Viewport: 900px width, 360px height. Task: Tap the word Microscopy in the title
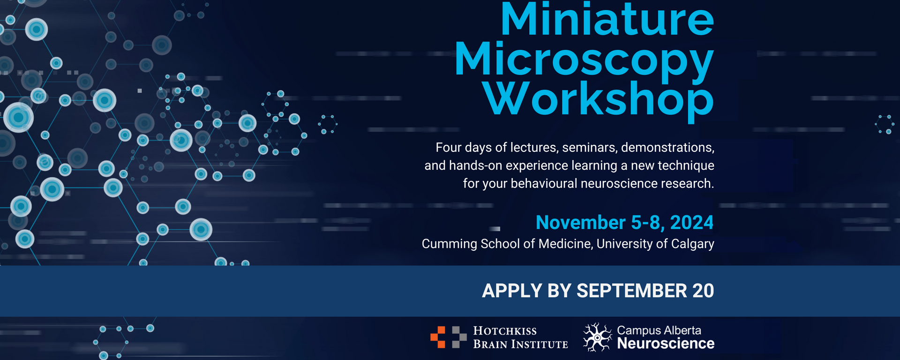pyautogui.click(x=584, y=60)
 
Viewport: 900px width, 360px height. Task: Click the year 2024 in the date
pyautogui.click(x=691, y=223)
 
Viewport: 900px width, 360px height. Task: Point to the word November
pyautogui.click(x=580, y=223)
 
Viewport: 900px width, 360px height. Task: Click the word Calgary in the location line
pyautogui.click(x=692, y=244)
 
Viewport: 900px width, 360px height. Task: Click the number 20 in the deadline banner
pyautogui.click(x=703, y=291)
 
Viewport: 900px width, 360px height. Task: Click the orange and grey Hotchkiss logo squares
pyautogui.click(x=448, y=337)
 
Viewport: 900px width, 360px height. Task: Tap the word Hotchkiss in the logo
pyautogui.click(x=505, y=331)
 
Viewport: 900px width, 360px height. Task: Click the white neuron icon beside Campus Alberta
pyautogui.click(x=597, y=337)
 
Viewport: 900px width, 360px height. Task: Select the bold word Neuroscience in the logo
pyautogui.click(x=666, y=344)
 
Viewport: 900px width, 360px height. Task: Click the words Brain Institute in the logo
pyautogui.click(x=520, y=345)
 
